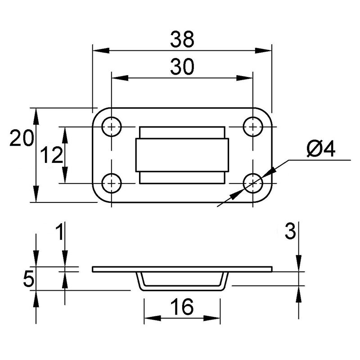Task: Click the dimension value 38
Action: click(x=182, y=39)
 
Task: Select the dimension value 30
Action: click(x=182, y=67)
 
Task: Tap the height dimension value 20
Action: click(x=22, y=138)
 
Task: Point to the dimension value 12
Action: click(x=51, y=155)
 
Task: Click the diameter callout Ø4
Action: click(x=321, y=149)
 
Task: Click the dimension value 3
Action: click(x=290, y=231)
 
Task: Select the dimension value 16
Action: click(x=182, y=307)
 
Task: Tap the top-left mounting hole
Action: click(x=112, y=127)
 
